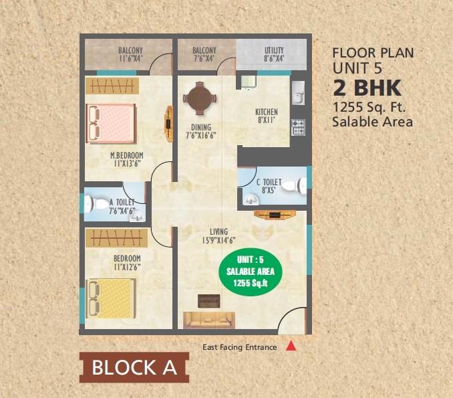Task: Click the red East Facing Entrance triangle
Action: pyautogui.click(x=291, y=346)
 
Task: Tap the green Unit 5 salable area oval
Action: pyautogui.click(x=251, y=271)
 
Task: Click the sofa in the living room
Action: pyautogui.click(x=210, y=319)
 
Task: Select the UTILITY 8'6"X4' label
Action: pyautogui.click(x=274, y=54)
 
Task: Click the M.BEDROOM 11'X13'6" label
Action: pyautogui.click(x=127, y=160)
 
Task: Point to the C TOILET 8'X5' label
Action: pyautogui.click(x=269, y=186)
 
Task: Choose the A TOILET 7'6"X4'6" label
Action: pyautogui.click(x=122, y=206)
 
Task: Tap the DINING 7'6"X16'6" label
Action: pyautogui.click(x=200, y=131)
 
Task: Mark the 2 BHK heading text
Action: pyautogui.click(x=367, y=88)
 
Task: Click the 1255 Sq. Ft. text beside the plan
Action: pyautogui.click(x=370, y=107)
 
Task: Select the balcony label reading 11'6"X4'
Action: pyautogui.click(x=130, y=54)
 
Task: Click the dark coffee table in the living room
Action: pyautogui.click(x=210, y=300)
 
